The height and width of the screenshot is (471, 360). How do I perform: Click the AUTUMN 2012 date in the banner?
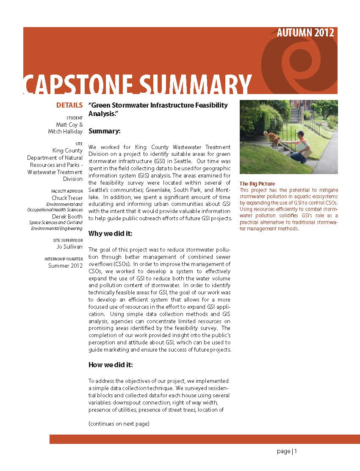[x=305, y=33]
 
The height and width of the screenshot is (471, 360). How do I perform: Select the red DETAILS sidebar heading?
[x=69, y=105]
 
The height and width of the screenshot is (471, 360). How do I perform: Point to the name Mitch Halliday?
[x=65, y=131]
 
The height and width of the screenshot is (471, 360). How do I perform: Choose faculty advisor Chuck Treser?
[x=67, y=198]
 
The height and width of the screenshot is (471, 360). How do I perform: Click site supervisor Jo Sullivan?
[x=69, y=247]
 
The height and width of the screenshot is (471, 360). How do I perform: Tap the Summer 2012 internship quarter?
[x=65, y=266]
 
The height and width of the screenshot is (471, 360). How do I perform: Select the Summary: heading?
[x=105, y=131]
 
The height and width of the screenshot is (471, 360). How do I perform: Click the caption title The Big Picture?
[x=257, y=184]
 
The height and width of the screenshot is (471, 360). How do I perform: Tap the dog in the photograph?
[x=271, y=137]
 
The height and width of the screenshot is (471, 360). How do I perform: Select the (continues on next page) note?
[x=119, y=424]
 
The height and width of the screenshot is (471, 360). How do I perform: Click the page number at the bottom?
[x=287, y=452]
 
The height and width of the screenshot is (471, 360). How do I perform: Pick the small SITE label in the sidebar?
[x=79, y=144]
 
